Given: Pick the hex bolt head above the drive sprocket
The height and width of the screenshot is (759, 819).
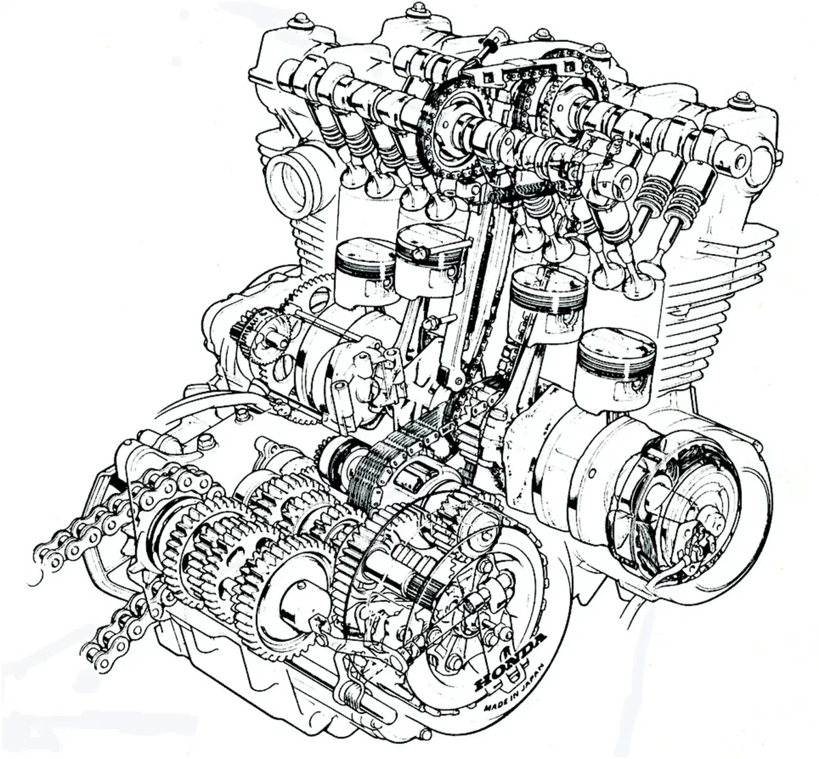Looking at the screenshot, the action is (205, 442).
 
